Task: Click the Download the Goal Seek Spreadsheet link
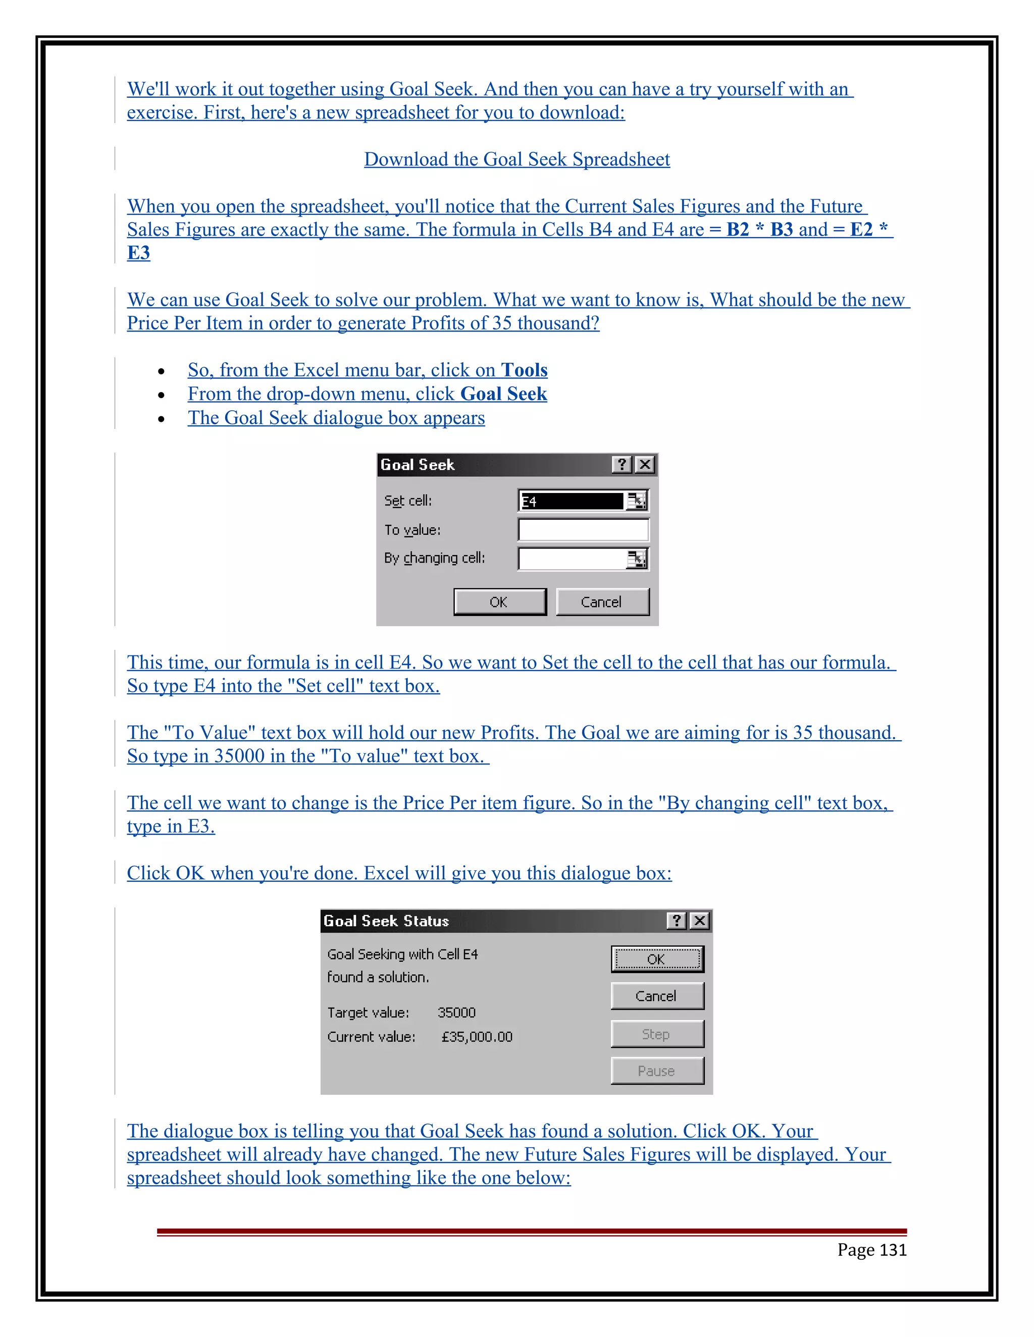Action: point(516,159)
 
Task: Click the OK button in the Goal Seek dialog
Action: point(499,602)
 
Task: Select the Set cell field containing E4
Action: point(571,502)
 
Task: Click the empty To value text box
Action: point(583,530)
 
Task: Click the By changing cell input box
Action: point(572,559)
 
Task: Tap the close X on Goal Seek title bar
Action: point(645,465)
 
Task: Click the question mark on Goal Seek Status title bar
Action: point(676,921)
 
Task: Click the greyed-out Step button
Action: point(657,1034)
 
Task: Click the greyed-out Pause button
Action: point(657,1071)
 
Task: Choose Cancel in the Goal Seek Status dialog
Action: point(657,996)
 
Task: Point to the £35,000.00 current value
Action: point(477,1037)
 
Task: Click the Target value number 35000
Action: point(456,1013)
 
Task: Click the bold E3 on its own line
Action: point(138,253)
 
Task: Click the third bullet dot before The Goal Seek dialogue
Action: point(161,419)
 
